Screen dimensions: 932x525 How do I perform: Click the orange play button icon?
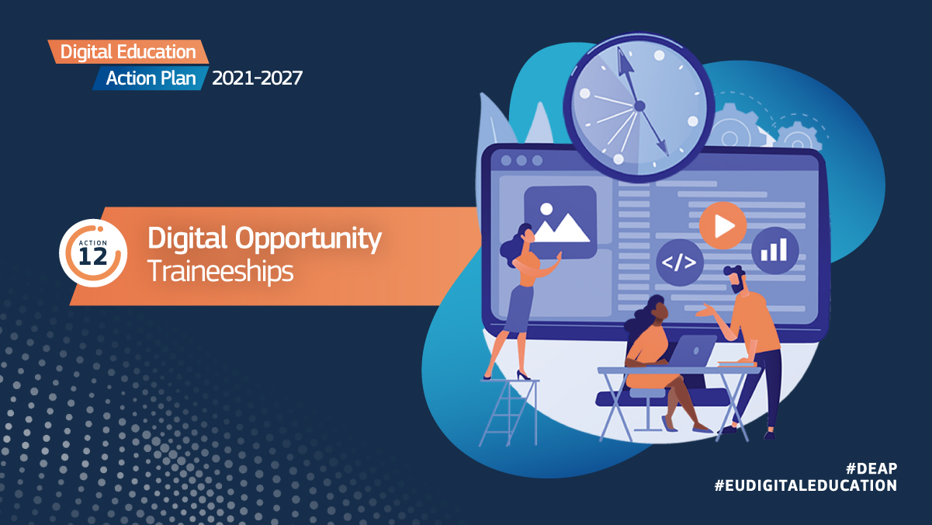coord(722,226)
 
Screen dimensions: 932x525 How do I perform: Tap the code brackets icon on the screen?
coord(679,262)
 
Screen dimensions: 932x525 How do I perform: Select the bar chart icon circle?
coord(774,251)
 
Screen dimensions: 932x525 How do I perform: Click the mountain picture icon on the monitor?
coord(560,222)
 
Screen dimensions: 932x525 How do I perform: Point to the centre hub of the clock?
coord(640,106)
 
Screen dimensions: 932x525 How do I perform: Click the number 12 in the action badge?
coord(93,256)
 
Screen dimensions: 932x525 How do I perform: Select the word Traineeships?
coord(220,271)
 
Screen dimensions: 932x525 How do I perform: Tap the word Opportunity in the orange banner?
coord(308,239)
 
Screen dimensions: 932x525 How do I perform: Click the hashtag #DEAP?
coord(871,469)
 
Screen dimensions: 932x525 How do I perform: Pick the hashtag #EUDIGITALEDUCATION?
coord(806,486)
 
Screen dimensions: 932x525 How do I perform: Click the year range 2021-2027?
coord(257,78)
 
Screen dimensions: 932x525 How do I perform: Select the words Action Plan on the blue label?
coord(151,78)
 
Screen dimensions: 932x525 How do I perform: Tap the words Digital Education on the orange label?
coord(128,52)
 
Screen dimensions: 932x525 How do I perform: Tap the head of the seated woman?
coord(657,309)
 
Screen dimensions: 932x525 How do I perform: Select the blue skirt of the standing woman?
coord(519,308)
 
